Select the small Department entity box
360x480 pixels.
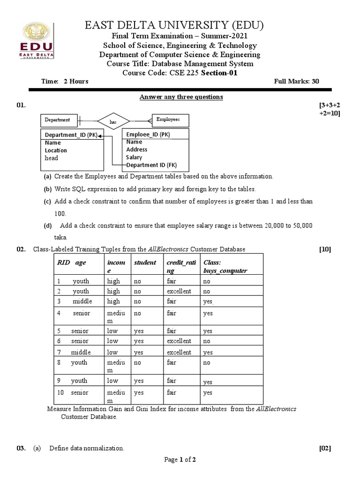pyautogui.click(x=58, y=120)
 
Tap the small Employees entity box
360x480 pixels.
pyautogui.click(x=168, y=120)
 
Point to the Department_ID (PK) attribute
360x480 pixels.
pyautogui.click(x=71, y=135)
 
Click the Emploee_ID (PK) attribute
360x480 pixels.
pyautogui.click(x=148, y=135)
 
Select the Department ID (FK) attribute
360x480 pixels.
pyautogui.click(x=151, y=165)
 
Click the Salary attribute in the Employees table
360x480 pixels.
pyautogui.click(x=134, y=157)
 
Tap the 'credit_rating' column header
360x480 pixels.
pyautogui.click(x=179, y=266)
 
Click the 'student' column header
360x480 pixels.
pyautogui.click(x=145, y=262)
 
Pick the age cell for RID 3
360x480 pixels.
pyautogui.click(x=82, y=301)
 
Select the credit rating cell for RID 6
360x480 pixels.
pyautogui.click(x=179, y=341)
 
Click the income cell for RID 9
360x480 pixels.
pyautogui.click(x=112, y=381)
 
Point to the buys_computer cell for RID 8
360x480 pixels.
pyautogui.click(x=207, y=363)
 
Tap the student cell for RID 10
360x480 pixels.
pyautogui.click(x=139, y=393)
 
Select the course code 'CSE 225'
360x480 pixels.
pyautogui.click(x=183, y=73)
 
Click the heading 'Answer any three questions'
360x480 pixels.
pyautogui.click(x=181, y=97)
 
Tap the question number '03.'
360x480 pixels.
pyautogui.click(x=21, y=449)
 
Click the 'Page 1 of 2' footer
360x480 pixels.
pyautogui.click(x=180, y=460)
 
